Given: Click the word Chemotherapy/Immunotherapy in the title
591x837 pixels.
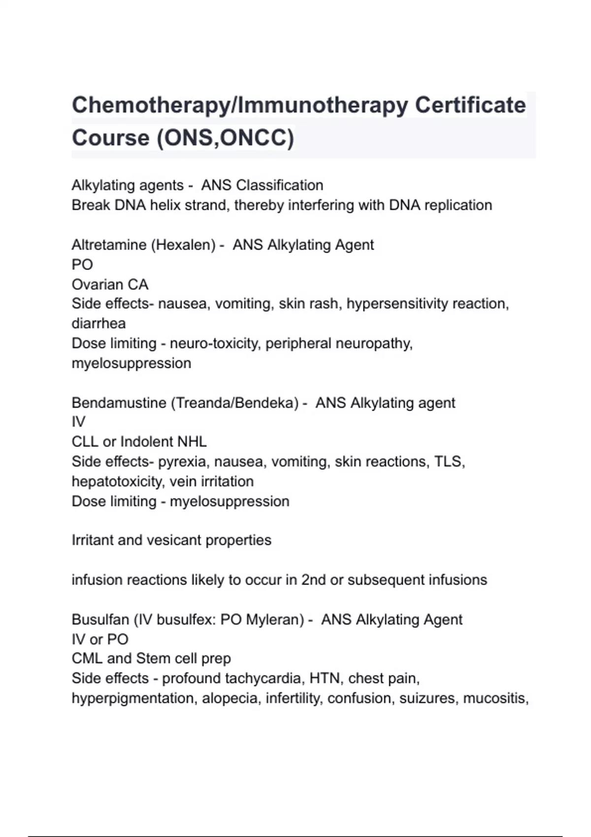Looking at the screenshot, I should coord(239,105).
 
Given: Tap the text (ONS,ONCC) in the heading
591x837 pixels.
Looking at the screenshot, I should coord(225,137).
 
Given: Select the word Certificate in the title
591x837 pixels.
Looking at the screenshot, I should coord(470,105).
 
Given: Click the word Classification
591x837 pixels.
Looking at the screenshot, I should coord(279,186).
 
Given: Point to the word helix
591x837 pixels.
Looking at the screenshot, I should coord(165,205).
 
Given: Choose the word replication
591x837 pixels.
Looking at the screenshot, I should coord(458,205).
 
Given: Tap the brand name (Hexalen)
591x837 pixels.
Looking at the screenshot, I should coord(183,245).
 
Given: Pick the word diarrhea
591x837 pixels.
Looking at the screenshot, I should coord(98,323).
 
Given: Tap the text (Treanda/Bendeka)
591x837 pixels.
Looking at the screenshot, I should coord(235,403).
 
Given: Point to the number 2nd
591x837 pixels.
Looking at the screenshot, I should coord(313,580).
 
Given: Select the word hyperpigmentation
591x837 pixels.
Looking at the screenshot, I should coord(132,699).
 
